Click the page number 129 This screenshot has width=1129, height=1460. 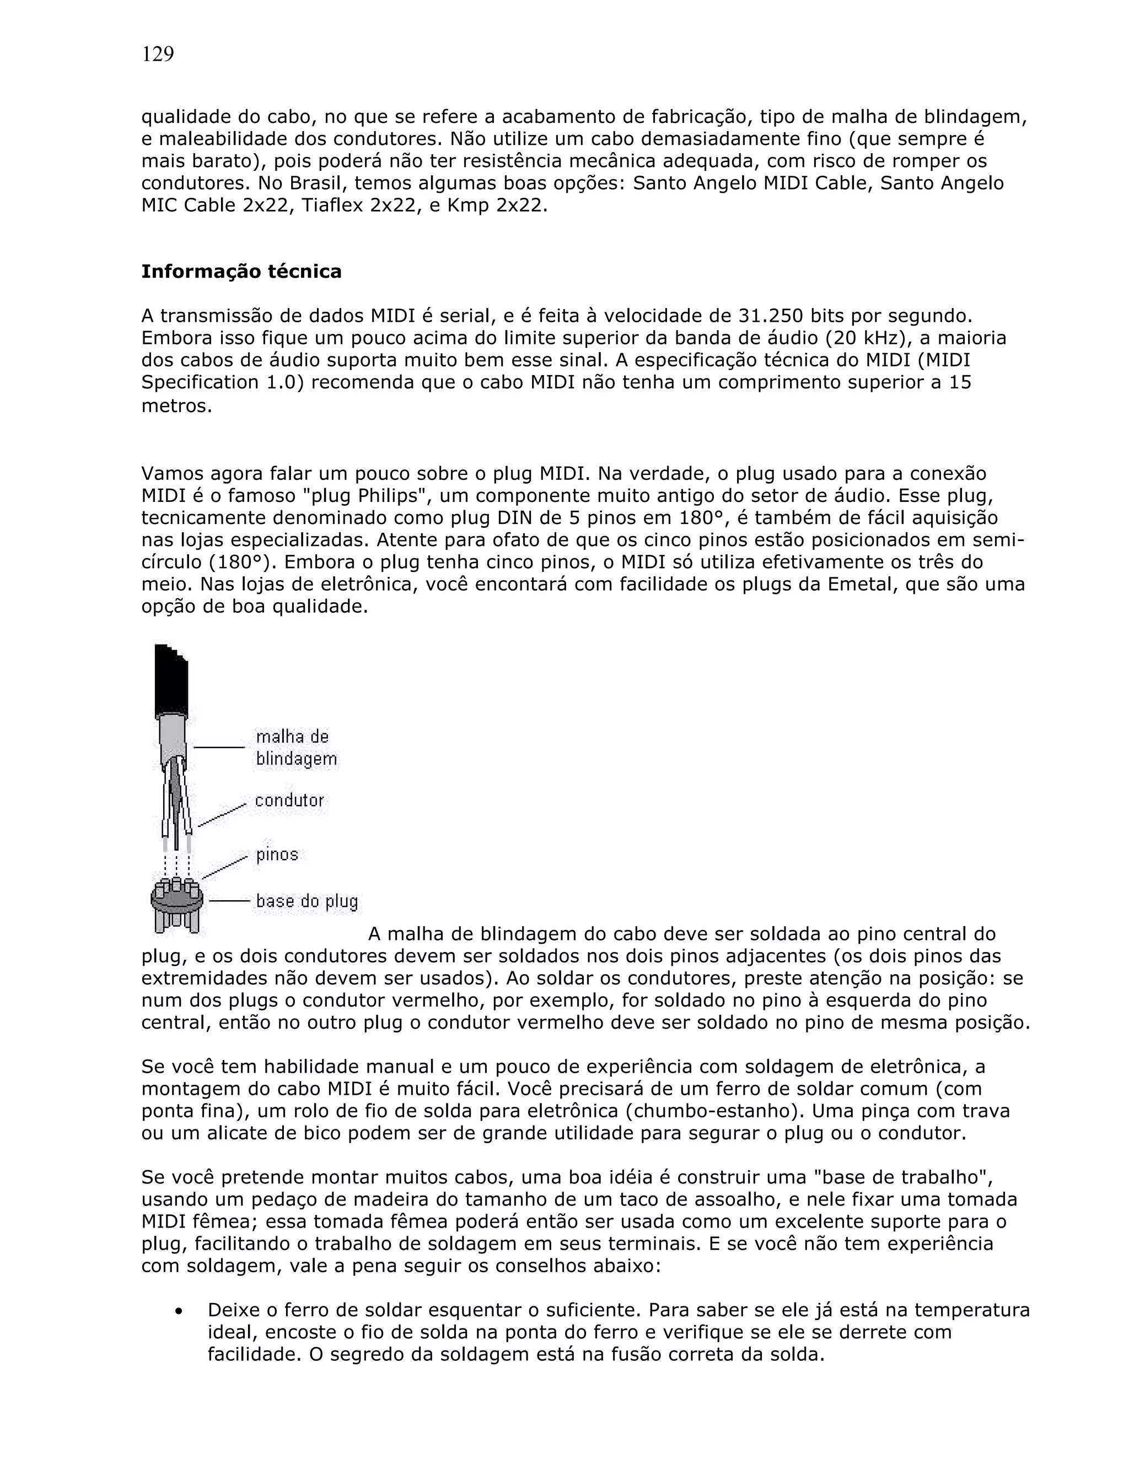click(x=158, y=54)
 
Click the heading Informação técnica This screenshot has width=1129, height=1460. click(x=241, y=272)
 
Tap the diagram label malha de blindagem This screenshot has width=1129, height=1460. click(x=295, y=748)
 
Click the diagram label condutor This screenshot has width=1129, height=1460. click(x=289, y=800)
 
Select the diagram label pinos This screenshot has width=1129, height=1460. click(x=277, y=855)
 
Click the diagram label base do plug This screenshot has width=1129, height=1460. click(x=307, y=901)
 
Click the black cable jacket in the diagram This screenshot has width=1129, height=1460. click(x=171, y=682)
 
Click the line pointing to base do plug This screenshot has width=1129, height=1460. click(x=229, y=901)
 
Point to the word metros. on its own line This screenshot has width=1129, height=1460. click(x=176, y=405)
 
